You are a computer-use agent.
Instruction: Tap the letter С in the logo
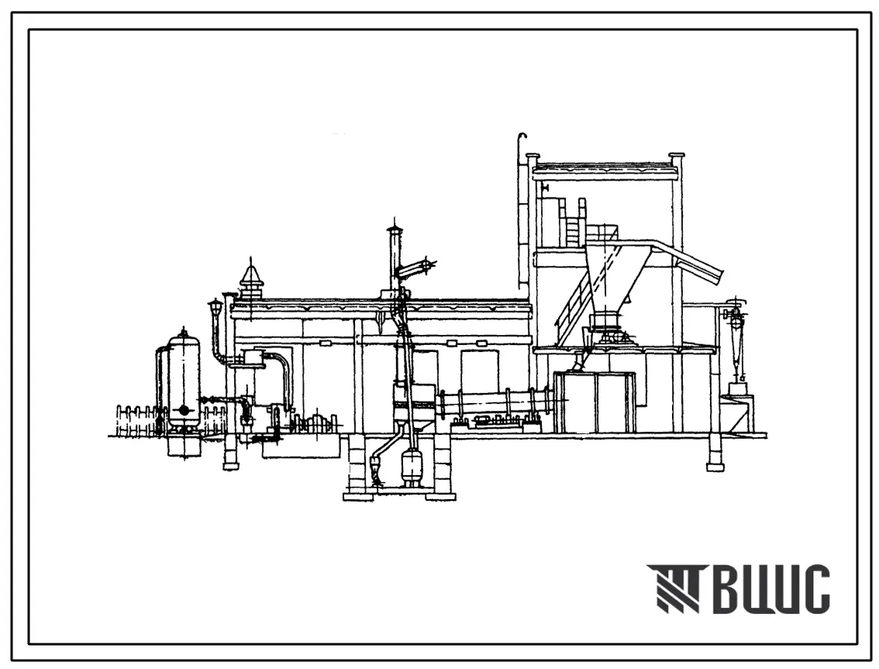(815, 589)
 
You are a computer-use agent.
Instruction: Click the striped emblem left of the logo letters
(674, 588)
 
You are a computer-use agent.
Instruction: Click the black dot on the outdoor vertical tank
(183, 410)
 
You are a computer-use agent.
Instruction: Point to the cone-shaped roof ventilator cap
(250, 277)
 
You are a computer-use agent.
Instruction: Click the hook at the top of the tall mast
(522, 136)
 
